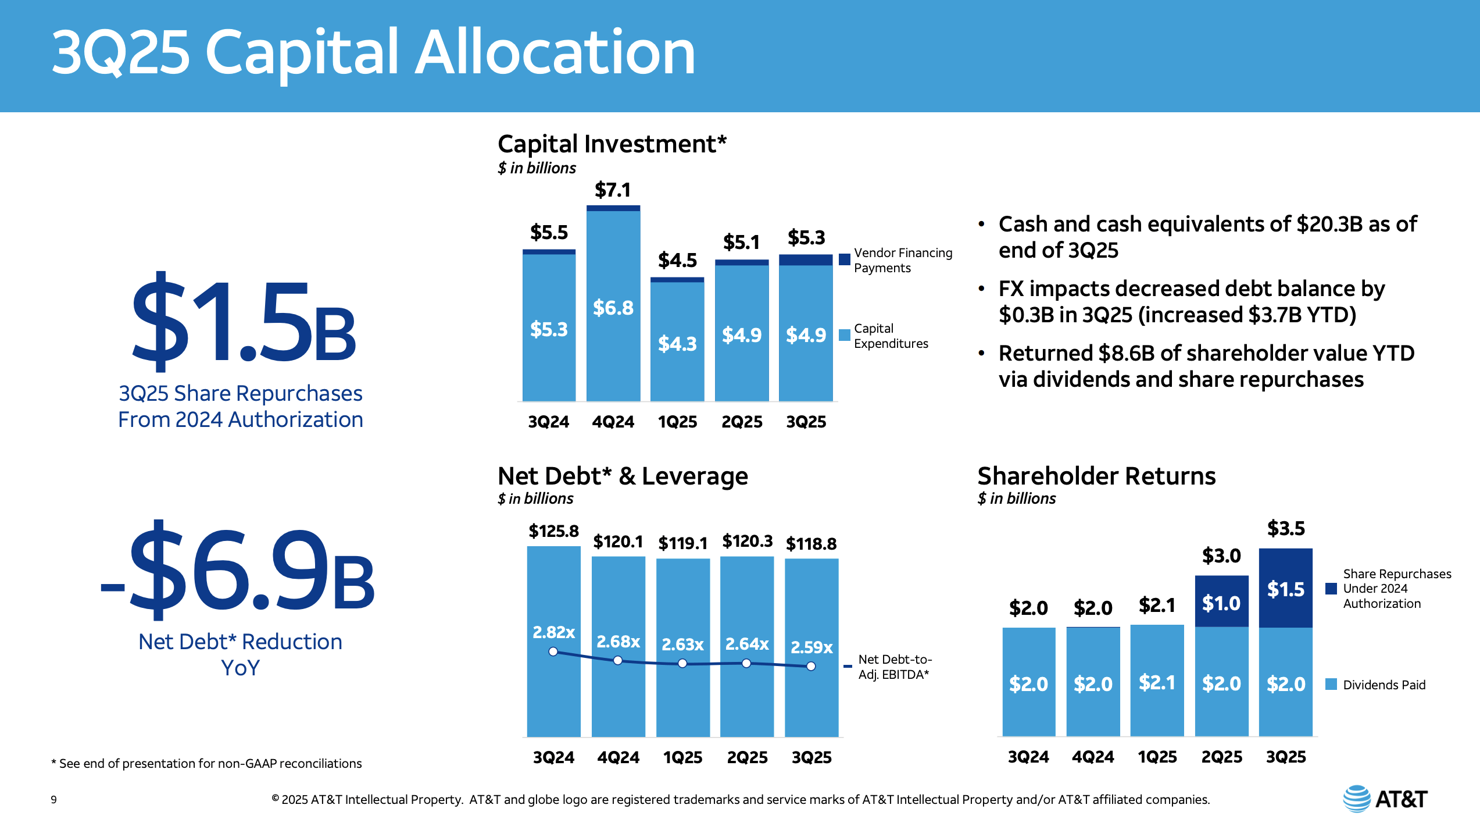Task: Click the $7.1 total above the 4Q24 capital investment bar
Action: [x=613, y=190]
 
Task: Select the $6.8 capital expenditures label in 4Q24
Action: [x=613, y=308]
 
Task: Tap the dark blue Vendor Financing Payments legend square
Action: [x=845, y=259]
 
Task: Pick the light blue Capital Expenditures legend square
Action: [x=845, y=335]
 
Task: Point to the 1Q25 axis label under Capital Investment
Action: [x=677, y=422]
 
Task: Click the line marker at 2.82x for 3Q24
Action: [x=553, y=652]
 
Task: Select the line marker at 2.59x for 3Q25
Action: [x=811, y=667]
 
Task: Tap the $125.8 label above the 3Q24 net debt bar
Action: [x=553, y=531]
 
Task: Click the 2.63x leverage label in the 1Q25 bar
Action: [x=682, y=645]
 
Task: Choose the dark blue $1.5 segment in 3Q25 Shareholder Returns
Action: [x=1286, y=589]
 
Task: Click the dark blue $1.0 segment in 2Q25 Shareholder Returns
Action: [x=1221, y=603]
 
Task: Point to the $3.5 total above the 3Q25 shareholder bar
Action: [x=1286, y=529]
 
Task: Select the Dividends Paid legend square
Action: [x=1331, y=685]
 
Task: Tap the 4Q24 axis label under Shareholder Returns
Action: [x=1093, y=757]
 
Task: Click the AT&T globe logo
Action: [x=1357, y=799]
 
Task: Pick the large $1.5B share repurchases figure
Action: [x=243, y=323]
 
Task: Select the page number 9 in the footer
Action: [x=54, y=800]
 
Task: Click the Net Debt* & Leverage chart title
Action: [x=623, y=476]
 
